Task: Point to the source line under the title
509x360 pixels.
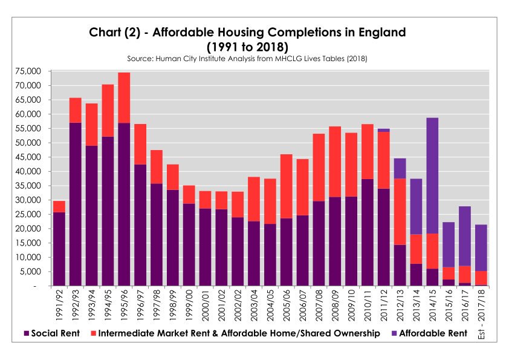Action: (x=248, y=59)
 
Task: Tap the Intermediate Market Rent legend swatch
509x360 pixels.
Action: (x=92, y=333)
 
